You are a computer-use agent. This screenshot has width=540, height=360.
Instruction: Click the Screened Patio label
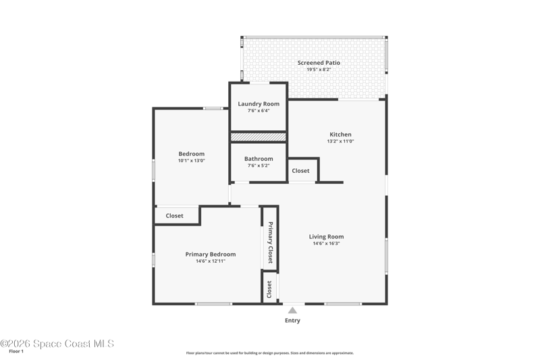click(319, 63)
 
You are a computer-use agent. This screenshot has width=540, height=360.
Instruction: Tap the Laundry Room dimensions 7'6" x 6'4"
click(259, 111)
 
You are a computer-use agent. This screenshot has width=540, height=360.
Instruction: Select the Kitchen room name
click(341, 134)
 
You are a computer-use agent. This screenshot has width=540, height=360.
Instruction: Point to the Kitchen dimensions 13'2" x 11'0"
click(341, 141)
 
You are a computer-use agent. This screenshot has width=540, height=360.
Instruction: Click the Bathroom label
click(259, 159)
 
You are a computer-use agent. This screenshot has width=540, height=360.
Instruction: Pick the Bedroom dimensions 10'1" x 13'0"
click(192, 161)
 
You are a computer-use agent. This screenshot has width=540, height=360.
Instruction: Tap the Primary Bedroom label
click(211, 254)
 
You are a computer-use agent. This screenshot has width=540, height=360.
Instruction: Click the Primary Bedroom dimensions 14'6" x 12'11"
click(211, 261)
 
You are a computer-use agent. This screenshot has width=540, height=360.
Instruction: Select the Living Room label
click(326, 236)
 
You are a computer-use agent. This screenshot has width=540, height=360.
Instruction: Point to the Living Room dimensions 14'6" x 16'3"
click(326, 243)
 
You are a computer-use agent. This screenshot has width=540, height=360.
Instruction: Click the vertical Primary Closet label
click(271, 242)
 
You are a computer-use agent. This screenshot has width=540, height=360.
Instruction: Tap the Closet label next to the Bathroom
click(300, 170)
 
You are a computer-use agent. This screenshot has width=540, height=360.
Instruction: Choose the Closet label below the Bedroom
click(174, 215)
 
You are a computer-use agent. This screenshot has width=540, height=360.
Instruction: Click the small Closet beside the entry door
click(269, 289)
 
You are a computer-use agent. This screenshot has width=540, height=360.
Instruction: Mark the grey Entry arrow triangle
click(292, 311)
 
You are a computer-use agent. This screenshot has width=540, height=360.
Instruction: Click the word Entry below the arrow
click(292, 320)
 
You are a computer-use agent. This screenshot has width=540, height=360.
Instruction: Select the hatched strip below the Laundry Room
click(259, 137)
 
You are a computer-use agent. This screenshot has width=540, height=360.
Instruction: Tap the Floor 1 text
click(16, 351)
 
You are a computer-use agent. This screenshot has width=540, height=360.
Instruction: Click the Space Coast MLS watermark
click(57, 344)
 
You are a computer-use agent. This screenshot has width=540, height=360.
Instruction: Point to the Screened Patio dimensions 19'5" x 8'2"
click(319, 70)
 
